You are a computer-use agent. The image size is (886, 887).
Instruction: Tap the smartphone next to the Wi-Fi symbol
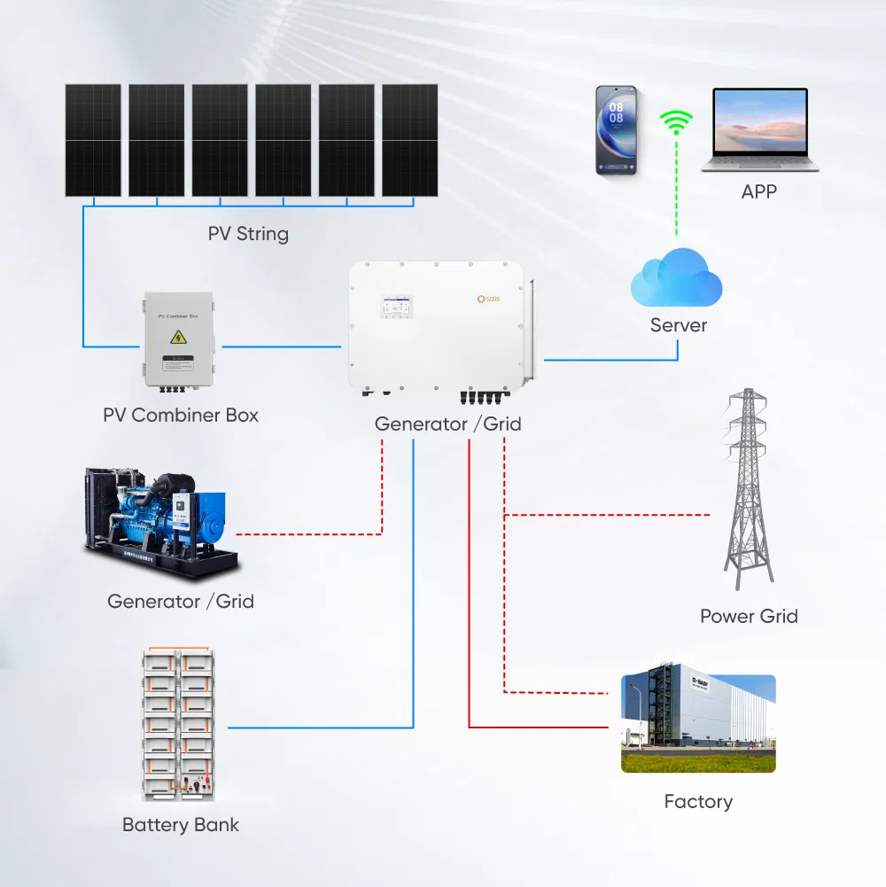point(616,129)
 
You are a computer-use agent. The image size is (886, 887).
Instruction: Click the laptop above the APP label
point(760,129)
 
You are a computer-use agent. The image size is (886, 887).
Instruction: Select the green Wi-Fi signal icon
point(677,123)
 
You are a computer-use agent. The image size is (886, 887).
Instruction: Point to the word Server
point(679,325)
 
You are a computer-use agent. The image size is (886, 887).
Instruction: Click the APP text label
point(758,191)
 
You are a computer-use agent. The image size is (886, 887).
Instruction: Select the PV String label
point(248,234)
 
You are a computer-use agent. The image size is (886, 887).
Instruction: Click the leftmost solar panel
point(93,140)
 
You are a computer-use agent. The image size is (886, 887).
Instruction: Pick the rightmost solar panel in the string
point(409,140)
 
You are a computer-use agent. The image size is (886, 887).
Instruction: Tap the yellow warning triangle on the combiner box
point(178,337)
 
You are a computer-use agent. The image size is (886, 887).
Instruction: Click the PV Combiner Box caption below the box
point(181,415)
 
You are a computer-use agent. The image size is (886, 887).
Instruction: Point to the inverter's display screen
point(395,307)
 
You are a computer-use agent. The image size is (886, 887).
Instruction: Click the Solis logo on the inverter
point(488,300)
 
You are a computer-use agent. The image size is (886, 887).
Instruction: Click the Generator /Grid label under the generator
point(181,602)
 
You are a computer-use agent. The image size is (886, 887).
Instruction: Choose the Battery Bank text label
point(181,825)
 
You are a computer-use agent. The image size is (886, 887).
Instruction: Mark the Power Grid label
point(749,616)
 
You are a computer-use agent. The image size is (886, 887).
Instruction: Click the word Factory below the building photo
point(698,802)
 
